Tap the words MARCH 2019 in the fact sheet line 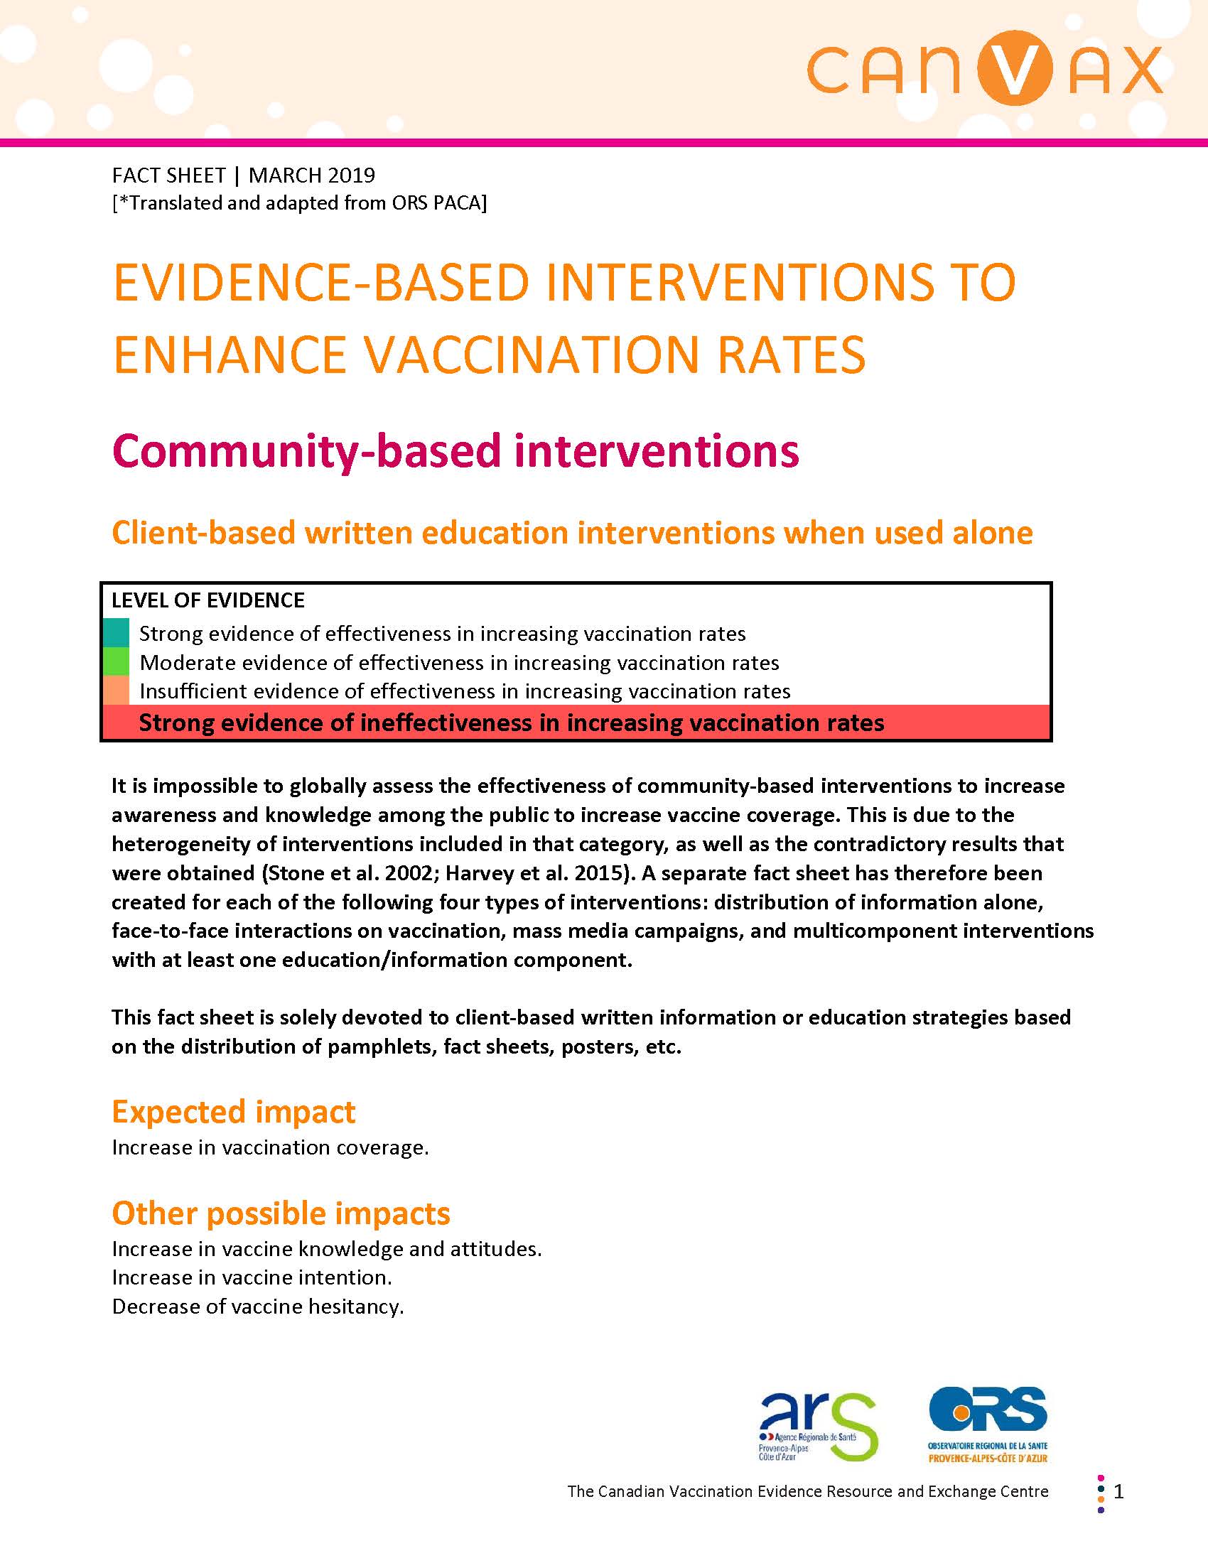click(x=311, y=175)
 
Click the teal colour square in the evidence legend click(x=116, y=632)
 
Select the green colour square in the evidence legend click(x=116, y=662)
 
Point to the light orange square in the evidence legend click(x=116, y=691)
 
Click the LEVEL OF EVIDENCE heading click(x=208, y=600)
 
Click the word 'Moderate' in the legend click(x=188, y=663)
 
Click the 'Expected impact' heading click(x=233, y=1112)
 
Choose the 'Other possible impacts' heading click(x=281, y=1213)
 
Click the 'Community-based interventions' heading click(x=455, y=451)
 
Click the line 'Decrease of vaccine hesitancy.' click(x=259, y=1307)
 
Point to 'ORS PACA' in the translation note click(x=438, y=203)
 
